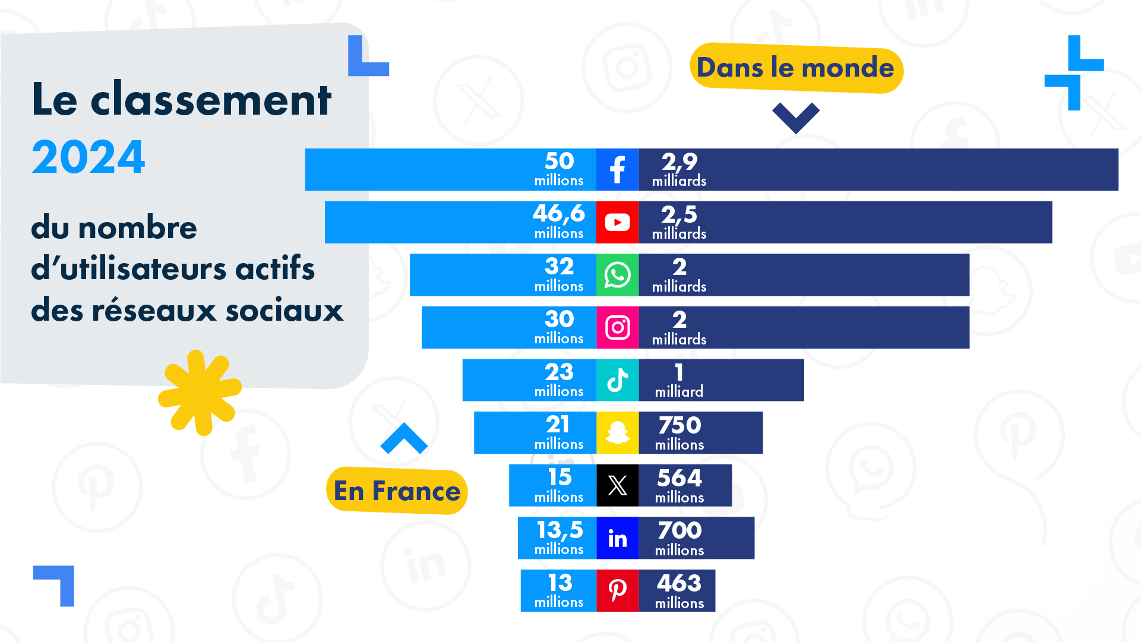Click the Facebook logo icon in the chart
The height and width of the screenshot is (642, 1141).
click(x=617, y=170)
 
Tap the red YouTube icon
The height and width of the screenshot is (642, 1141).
click(x=617, y=222)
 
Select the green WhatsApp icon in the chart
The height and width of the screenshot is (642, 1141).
click(x=617, y=275)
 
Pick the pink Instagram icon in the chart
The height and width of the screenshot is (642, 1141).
click(x=617, y=327)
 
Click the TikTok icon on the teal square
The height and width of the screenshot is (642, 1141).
click(x=617, y=380)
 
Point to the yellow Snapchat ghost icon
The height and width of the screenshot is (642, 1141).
click(x=617, y=432)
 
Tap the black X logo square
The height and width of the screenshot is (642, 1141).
click(x=617, y=485)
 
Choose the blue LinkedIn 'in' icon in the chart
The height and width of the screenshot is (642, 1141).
click(x=617, y=538)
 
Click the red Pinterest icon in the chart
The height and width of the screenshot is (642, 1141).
click(x=617, y=590)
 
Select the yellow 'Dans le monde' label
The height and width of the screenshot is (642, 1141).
click(x=795, y=68)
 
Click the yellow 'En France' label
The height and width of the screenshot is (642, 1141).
click(x=397, y=491)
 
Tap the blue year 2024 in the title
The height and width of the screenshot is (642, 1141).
click(x=89, y=157)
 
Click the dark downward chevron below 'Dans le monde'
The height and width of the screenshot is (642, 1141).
click(x=795, y=116)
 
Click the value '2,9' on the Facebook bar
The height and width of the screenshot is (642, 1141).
click(x=679, y=162)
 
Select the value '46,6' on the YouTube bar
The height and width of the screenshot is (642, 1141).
click(x=559, y=213)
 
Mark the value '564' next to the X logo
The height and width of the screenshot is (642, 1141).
click(x=679, y=477)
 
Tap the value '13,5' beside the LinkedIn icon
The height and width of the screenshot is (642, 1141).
click(x=560, y=530)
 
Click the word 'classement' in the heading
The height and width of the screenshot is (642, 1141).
click(x=211, y=100)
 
